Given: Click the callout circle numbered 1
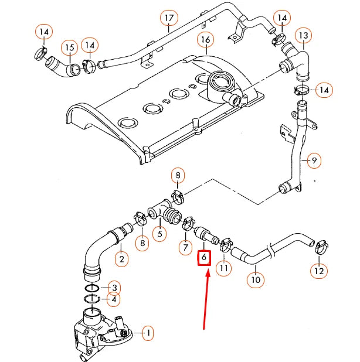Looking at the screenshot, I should click(x=148, y=333).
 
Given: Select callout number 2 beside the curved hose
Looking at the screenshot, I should click(x=121, y=259).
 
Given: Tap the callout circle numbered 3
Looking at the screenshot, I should click(x=116, y=288).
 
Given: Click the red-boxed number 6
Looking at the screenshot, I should click(x=204, y=257).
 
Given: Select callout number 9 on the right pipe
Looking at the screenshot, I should click(x=314, y=159).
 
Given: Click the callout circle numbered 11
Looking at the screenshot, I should click(x=224, y=268).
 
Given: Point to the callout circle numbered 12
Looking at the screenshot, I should click(x=319, y=271).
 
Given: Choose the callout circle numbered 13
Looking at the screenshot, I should click(x=303, y=36).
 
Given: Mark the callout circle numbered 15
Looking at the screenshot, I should click(x=70, y=47).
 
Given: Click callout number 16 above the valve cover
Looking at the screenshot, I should click(x=205, y=40).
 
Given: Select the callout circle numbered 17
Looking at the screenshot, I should click(x=169, y=18).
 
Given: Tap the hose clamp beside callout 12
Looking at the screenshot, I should click(x=321, y=247).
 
